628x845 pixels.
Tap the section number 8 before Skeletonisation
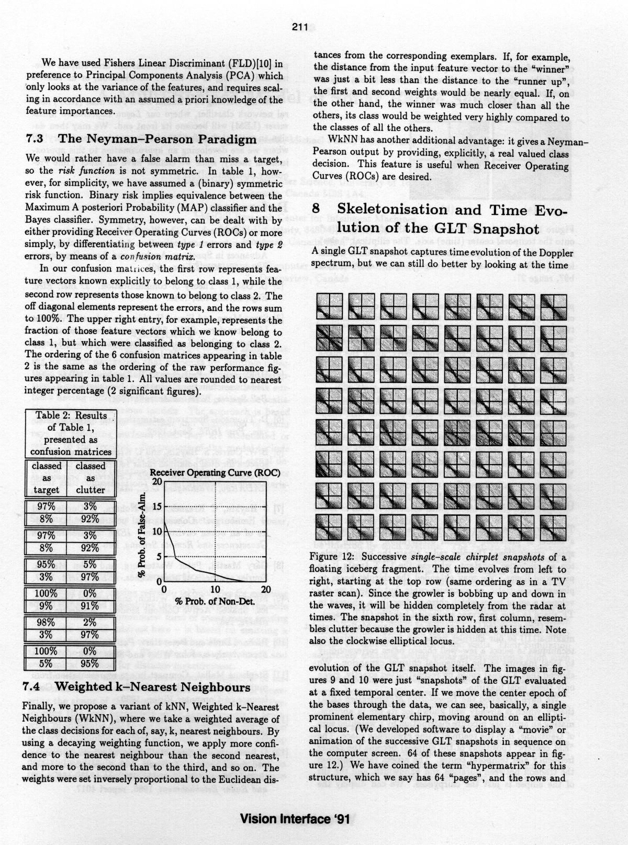tap(317, 210)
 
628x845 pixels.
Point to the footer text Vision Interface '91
tap(295, 819)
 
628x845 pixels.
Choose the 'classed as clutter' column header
tap(91, 478)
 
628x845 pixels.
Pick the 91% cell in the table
tap(90, 606)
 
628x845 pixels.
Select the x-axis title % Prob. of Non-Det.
tap(215, 602)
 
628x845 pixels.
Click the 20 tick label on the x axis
tap(265, 591)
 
